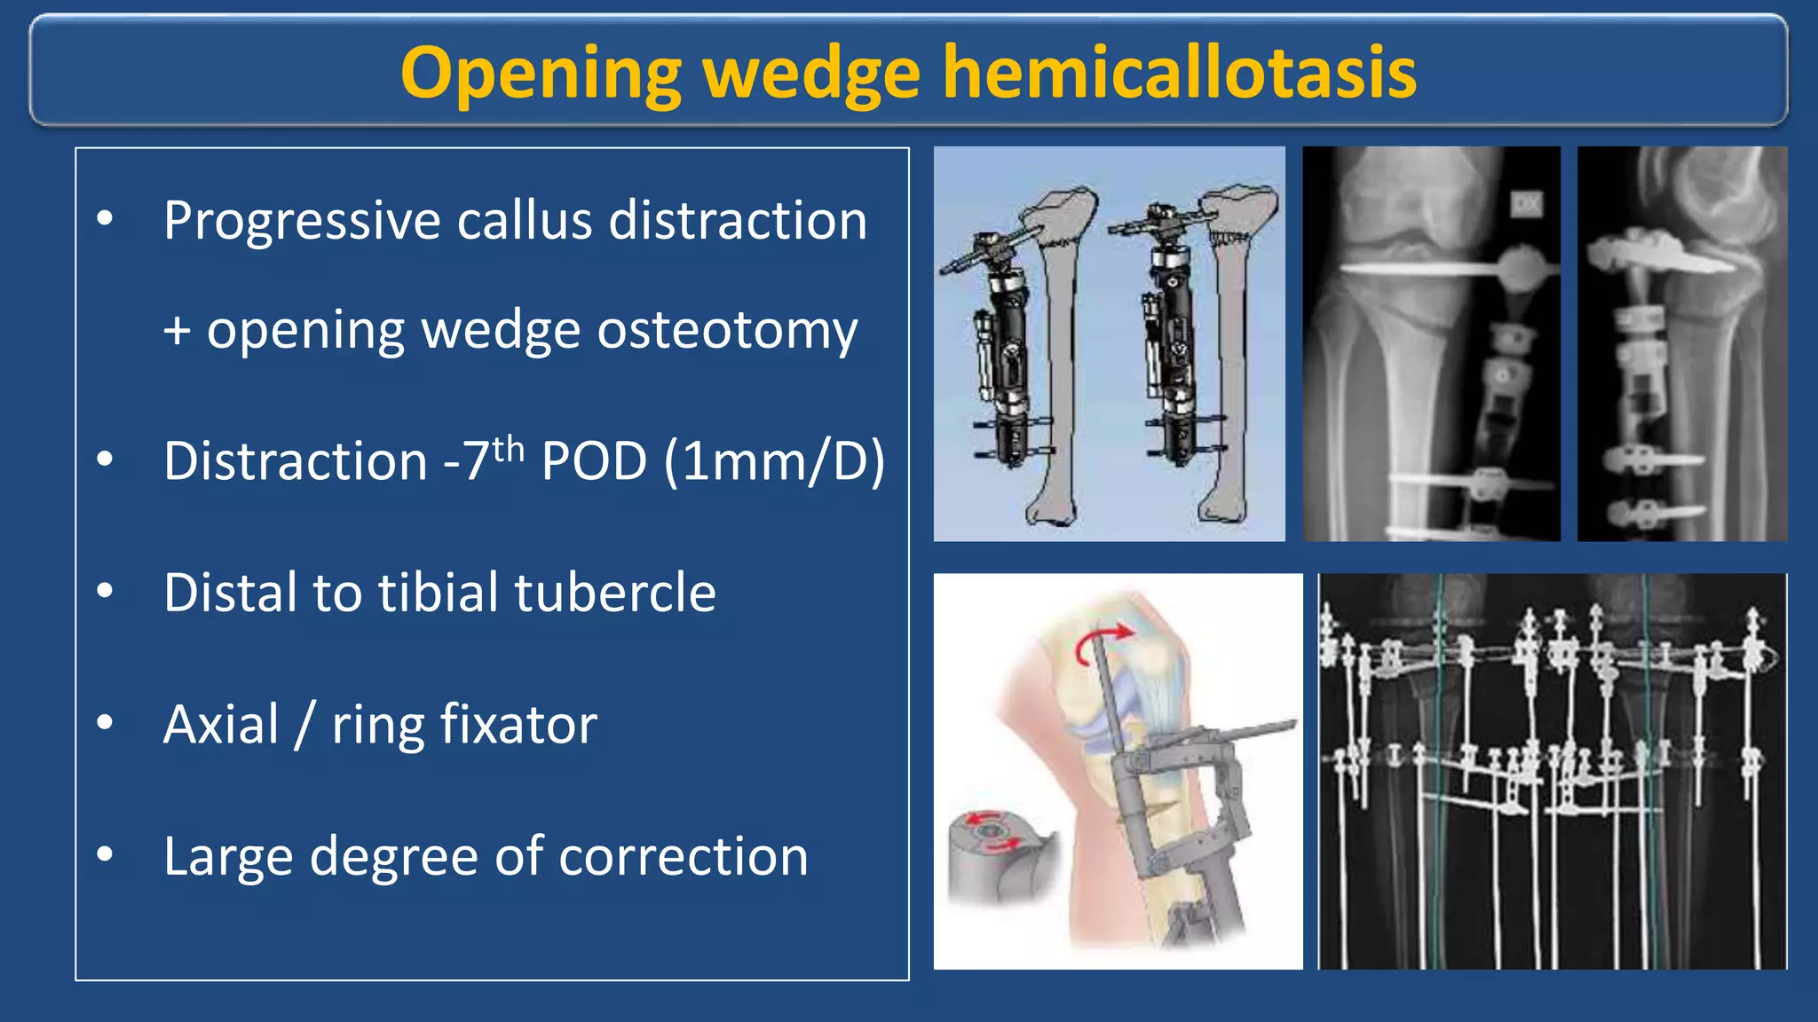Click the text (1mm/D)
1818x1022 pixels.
coord(774,461)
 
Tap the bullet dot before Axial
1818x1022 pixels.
coord(105,723)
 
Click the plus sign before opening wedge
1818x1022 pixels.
coord(177,332)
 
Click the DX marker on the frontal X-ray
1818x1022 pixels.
coord(1526,205)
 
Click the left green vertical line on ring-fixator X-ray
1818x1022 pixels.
coord(1441,772)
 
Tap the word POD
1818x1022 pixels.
coord(594,461)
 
